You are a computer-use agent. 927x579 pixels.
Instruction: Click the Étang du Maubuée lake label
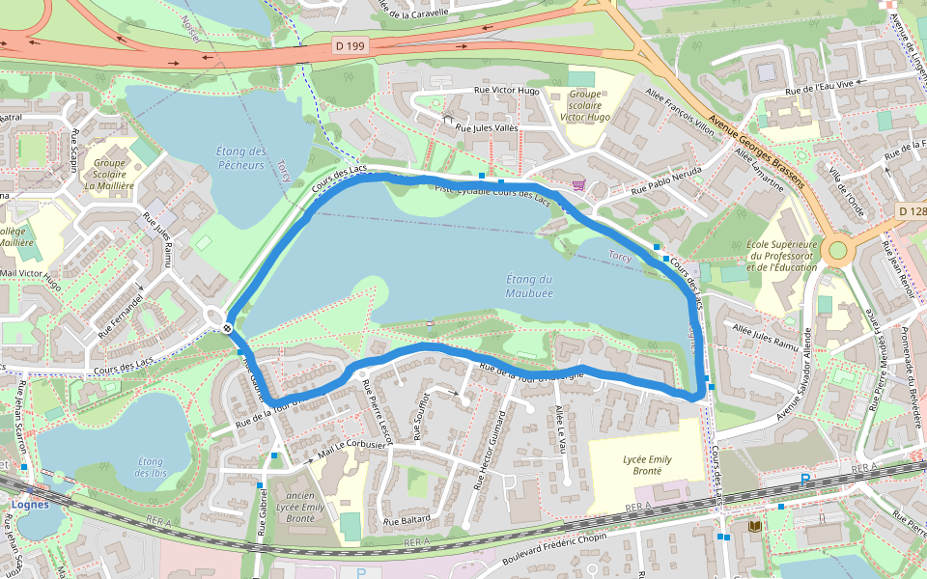(x=529, y=286)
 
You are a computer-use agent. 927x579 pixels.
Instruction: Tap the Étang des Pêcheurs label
(x=240, y=158)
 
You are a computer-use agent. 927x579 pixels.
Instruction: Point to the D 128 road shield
(x=911, y=211)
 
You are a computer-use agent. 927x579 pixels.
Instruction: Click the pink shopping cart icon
(x=578, y=185)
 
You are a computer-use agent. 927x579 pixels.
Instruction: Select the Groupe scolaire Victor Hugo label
(x=586, y=105)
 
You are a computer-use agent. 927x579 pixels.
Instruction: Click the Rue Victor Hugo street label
(x=506, y=91)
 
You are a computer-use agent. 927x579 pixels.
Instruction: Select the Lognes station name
(x=30, y=503)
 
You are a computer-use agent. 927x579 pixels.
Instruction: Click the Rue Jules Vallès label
(x=487, y=128)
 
